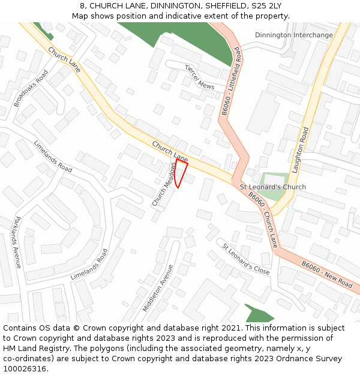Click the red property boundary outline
click(x=181, y=173)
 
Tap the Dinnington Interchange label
click(x=293, y=35)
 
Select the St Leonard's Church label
click(x=273, y=187)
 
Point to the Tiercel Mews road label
click(x=199, y=77)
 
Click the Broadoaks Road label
click(x=31, y=88)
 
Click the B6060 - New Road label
click(x=326, y=274)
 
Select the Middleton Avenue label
click(x=158, y=288)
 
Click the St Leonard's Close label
click(x=246, y=259)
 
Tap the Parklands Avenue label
click(x=18, y=242)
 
